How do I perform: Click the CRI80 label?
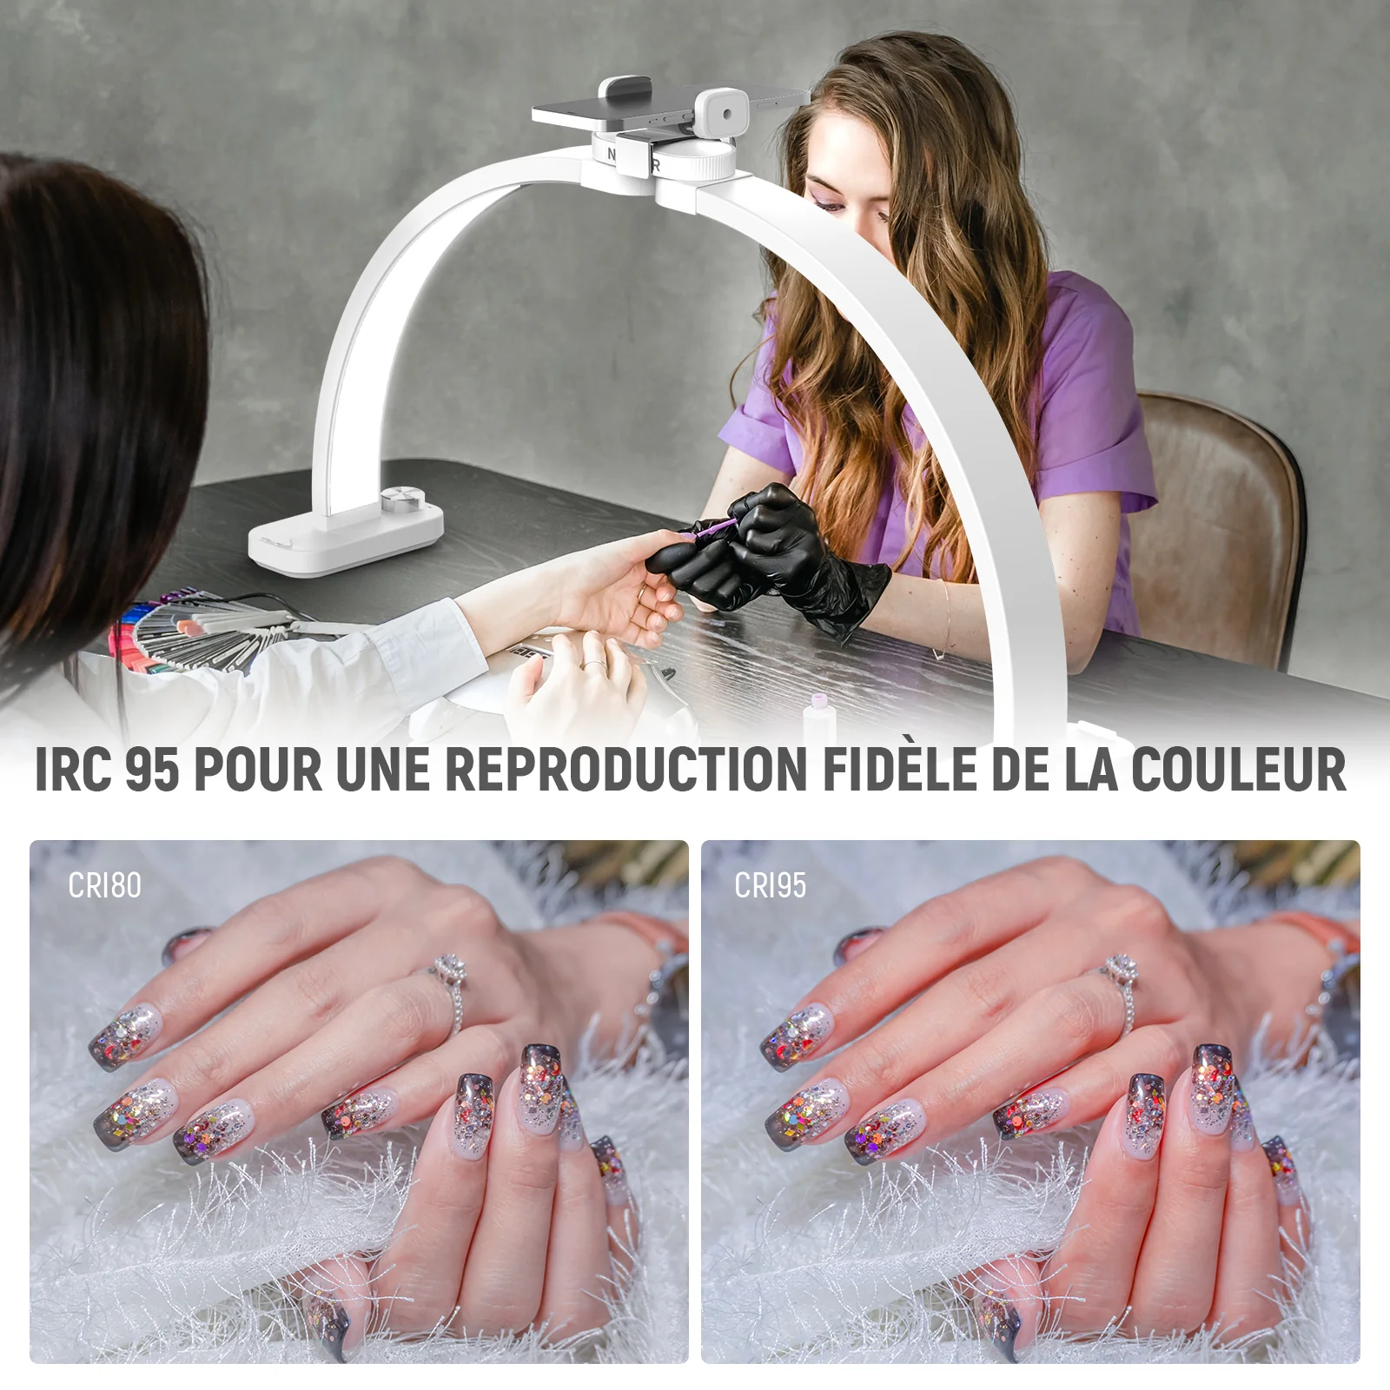coord(104,885)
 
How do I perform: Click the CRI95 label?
coord(771,885)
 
